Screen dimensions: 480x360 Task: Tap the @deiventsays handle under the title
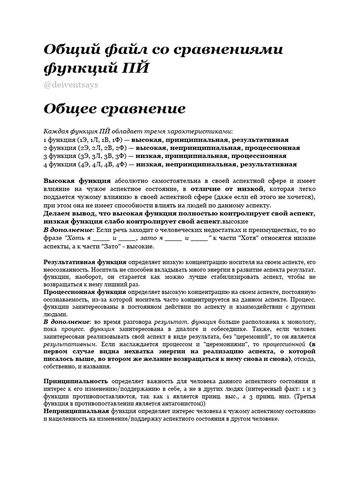[x=71, y=85]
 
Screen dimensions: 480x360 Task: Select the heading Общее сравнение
[x=114, y=109]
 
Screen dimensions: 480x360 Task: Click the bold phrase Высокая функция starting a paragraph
[x=77, y=180]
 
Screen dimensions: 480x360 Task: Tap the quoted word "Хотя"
[x=253, y=238]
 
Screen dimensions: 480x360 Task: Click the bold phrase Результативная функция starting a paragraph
[x=85, y=262]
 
